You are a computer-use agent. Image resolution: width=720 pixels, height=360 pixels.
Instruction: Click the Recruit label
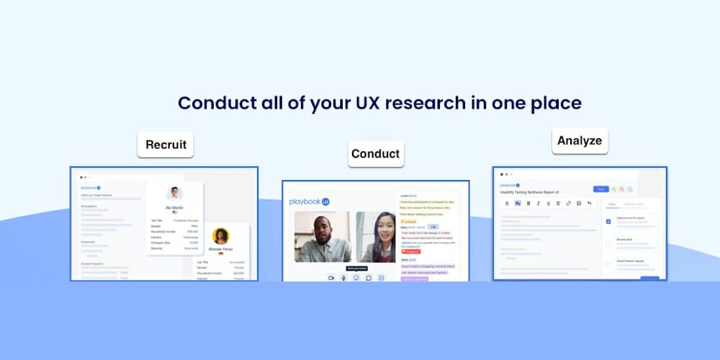(x=166, y=144)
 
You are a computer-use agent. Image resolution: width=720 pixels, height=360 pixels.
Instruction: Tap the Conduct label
(x=375, y=153)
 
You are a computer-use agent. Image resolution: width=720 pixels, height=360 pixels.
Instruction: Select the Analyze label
(x=580, y=140)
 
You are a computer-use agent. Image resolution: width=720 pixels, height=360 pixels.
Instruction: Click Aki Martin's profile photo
(x=174, y=194)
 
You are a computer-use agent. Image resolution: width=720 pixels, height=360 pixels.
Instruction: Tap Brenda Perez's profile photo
(x=221, y=236)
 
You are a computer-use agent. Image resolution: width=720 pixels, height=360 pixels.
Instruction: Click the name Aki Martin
(x=174, y=208)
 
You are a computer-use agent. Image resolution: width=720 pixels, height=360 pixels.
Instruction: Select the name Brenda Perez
(x=221, y=249)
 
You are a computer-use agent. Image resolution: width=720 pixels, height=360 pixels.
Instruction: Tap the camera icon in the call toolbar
(x=331, y=277)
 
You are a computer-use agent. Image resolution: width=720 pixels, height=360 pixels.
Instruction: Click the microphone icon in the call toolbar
(x=343, y=277)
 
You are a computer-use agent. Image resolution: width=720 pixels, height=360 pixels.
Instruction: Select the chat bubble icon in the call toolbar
(x=369, y=277)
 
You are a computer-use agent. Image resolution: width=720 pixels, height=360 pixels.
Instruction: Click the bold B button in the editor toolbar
(x=528, y=204)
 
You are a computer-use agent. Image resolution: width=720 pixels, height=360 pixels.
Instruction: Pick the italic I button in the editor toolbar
(x=538, y=204)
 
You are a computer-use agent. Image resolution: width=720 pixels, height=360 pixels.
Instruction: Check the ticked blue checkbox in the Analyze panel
(x=608, y=221)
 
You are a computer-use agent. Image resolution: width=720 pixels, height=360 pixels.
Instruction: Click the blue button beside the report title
(x=600, y=189)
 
